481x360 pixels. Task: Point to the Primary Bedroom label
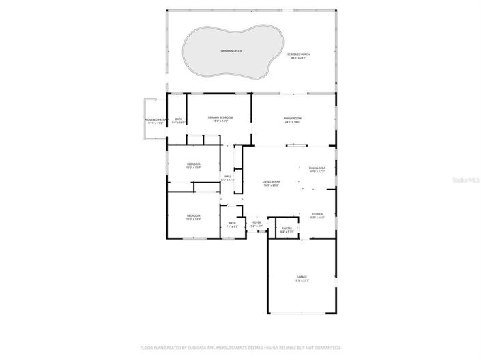tap(220, 117)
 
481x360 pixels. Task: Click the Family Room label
tap(293, 118)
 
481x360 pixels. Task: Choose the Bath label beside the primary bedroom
tap(179, 119)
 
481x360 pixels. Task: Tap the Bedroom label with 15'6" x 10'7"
tap(194, 164)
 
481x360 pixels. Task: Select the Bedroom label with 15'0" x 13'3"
tap(194, 215)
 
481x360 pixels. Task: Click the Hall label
tap(228, 176)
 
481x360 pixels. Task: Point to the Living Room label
tap(272, 181)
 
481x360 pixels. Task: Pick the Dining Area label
tap(317, 168)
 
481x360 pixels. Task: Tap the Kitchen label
tap(317, 214)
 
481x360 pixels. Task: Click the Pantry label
tap(287, 228)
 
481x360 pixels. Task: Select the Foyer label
tap(257, 222)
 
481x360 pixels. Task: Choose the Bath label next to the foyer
tap(232, 223)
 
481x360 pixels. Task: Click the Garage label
tap(302, 277)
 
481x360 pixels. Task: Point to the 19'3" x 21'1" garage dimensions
tap(302, 281)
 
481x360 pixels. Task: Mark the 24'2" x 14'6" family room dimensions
tap(293, 121)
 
